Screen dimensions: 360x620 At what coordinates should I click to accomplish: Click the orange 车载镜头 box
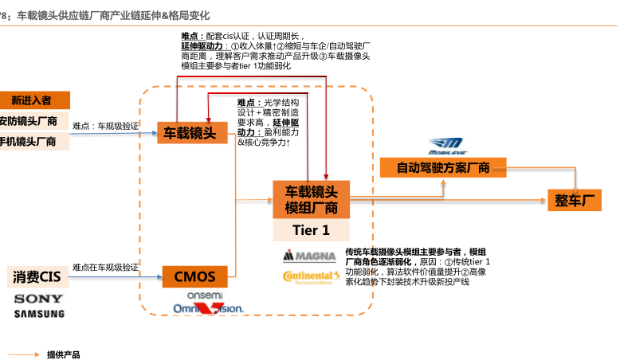tap(190, 132)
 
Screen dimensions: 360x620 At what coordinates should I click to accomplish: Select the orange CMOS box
tap(195, 277)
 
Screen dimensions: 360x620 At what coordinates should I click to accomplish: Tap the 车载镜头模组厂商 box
tap(312, 200)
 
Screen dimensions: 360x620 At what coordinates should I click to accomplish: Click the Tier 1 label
tap(312, 230)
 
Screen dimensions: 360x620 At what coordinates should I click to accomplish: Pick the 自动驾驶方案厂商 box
tap(442, 167)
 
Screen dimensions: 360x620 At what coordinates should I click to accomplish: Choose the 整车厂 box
tap(581, 200)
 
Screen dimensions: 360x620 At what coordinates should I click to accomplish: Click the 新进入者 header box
tap(32, 100)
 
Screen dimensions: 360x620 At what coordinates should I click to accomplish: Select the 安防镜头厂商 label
tap(30, 121)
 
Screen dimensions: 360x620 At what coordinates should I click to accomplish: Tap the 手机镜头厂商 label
tap(30, 141)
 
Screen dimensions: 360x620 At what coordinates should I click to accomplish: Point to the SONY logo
tap(38, 299)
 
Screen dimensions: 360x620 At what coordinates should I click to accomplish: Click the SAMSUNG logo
tap(38, 313)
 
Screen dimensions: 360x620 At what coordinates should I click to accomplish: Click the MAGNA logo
tap(311, 256)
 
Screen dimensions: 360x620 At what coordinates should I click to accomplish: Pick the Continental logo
tap(311, 277)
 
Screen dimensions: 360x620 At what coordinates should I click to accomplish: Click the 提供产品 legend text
tap(64, 354)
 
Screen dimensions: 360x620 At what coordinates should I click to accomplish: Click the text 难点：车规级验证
tap(105, 126)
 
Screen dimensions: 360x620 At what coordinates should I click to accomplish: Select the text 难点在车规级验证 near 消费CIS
tap(105, 267)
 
